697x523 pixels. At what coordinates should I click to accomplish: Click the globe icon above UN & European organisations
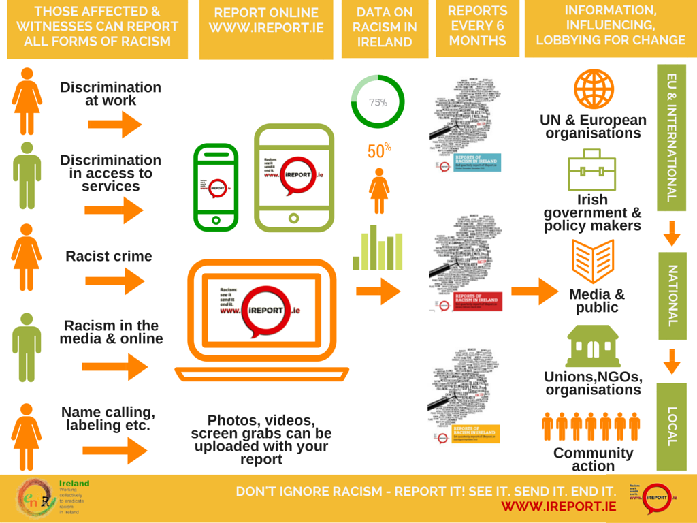tap(594, 89)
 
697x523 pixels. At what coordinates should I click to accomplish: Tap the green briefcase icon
tap(591, 170)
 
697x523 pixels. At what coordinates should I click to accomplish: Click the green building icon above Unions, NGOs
tap(592, 346)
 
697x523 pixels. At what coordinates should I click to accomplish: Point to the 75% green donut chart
tap(377, 102)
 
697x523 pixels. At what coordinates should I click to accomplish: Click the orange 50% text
tap(379, 150)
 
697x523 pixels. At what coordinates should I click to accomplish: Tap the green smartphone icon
tap(216, 186)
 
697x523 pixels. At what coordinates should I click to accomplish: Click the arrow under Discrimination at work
tap(114, 124)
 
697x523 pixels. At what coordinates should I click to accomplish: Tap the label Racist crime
tap(109, 256)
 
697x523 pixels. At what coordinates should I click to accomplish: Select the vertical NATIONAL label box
tap(672, 296)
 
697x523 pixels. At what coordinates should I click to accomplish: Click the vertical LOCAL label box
tap(672, 426)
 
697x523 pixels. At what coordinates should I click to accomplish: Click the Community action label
tap(593, 459)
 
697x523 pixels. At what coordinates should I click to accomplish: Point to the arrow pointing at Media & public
tap(534, 291)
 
